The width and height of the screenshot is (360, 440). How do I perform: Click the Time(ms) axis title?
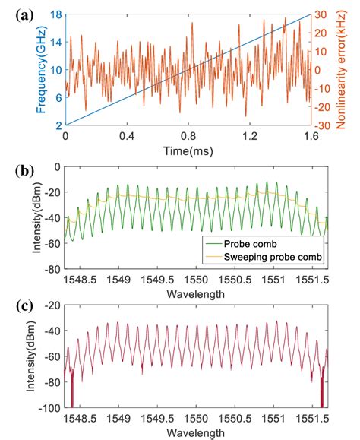pyautogui.click(x=187, y=152)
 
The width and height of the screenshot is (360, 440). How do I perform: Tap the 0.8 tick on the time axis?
pyautogui.click(x=187, y=137)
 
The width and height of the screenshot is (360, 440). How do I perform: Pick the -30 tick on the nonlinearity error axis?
pyautogui.click(x=322, y=125)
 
